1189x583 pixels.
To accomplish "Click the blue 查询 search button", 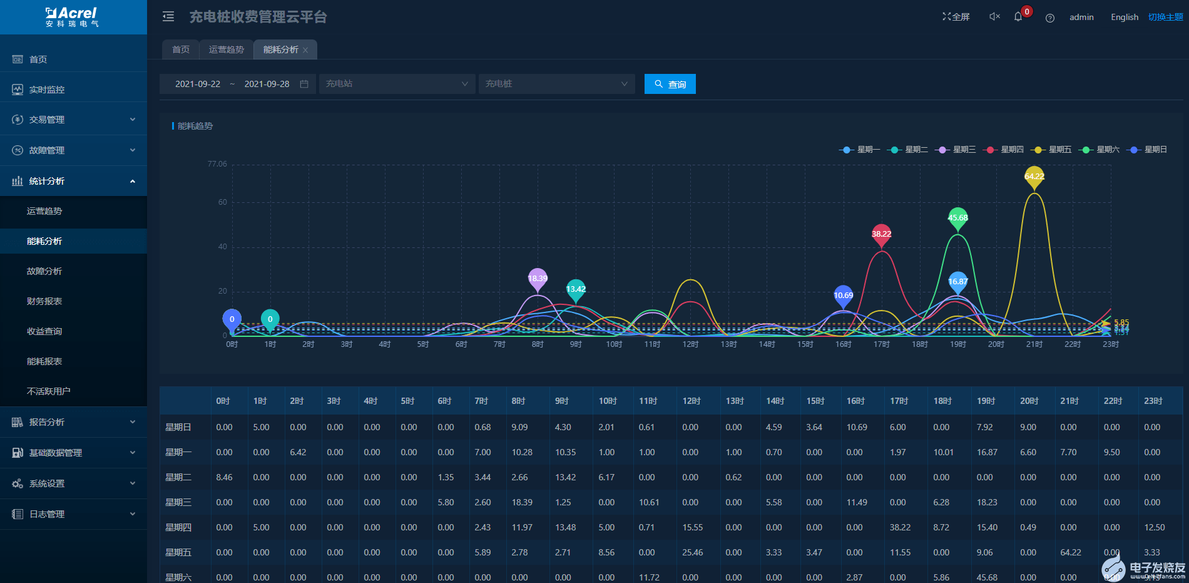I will [x=670, y=84].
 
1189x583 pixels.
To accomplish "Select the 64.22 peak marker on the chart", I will [x=1034, y=176].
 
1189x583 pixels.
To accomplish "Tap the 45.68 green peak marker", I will [x=957, y=217].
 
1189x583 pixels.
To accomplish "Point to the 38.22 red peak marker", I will [x=881, y=234].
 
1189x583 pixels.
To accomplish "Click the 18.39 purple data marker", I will [x=538, y=278].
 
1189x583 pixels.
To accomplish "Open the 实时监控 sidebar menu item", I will [x=47, y=90].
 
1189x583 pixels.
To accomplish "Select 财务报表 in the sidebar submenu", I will [x=44, y=301].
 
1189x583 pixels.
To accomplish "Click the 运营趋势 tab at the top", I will [x=226, y=49].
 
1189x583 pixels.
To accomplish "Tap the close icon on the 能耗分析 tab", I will [x=305, y=50].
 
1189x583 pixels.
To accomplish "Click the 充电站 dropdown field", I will [x=397, y=84].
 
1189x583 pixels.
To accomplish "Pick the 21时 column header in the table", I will [x=1069, y=401].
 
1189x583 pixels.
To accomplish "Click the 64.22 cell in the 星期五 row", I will [x=1071, y=552].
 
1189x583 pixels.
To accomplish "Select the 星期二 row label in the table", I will [x=178, y=477].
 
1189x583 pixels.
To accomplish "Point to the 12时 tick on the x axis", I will [x=690, y=344].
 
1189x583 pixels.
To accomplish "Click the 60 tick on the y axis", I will [x=223, y=202].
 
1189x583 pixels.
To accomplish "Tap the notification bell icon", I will [x=1018, y=17].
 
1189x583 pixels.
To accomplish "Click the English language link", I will [x=1124, y=17].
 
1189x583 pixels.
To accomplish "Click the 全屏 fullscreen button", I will [x=956, y=17].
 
